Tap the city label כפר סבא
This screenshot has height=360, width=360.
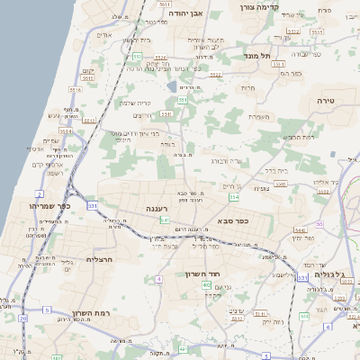(x=233, y=220)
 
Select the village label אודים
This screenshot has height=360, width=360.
(x=104, y=35)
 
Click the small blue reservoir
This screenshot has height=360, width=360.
(x=171, y=87)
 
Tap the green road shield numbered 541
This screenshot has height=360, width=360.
(x=165, y=220)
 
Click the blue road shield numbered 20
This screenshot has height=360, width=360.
(x=22, y=319)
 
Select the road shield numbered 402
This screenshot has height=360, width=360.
(x=207, y=284)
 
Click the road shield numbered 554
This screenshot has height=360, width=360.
(x=234, y=197)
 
